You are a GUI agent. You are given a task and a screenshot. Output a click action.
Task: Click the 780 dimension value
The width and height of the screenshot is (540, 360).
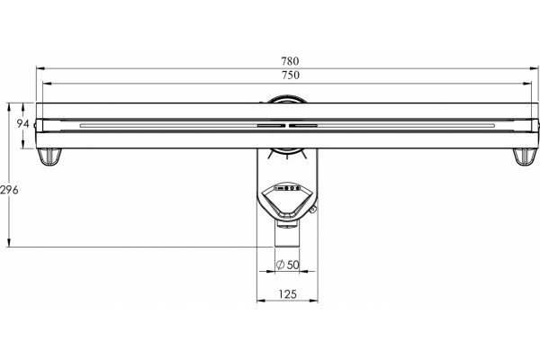290,61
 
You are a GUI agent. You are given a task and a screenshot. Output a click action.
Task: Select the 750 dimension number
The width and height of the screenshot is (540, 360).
291,75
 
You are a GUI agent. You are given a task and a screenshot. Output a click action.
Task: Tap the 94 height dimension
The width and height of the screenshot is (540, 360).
22,123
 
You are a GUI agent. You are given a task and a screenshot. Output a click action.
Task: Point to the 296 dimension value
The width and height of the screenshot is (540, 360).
9,190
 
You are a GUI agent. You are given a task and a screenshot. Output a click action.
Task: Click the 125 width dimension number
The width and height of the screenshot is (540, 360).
288,294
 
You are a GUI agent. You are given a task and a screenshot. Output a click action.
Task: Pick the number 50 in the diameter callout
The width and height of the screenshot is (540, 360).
293,265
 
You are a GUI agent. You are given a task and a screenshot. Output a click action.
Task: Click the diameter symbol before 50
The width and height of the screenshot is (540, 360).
280,265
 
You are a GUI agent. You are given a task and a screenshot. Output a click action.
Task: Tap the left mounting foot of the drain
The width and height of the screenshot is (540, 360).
49,157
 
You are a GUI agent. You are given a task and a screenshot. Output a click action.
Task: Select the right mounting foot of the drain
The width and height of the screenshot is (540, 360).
525,157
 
